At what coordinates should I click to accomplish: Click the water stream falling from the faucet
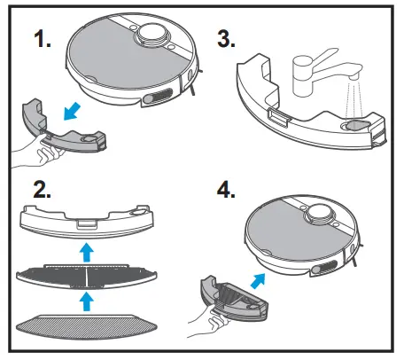355,99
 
